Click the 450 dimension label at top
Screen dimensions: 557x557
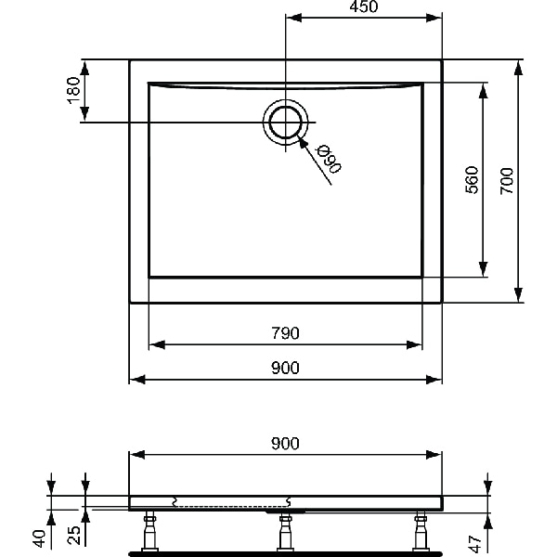pyautogui.click(x=363, y=7)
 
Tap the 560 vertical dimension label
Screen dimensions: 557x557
pyautogui.click(x=472, y=179)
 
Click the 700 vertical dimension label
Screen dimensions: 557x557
pyautogui.click(x=506, y=179)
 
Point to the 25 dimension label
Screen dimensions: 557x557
pyautogui.click(x=74, y=536)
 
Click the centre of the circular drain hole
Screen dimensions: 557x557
pyautogui.click(x=284, y=123)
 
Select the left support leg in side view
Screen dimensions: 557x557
pyautogui.click(x=148, y=530)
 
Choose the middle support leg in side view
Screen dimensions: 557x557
pyautogui.click(x=285, y=530)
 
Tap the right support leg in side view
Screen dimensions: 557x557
pyautogui.click(x=422, y=530)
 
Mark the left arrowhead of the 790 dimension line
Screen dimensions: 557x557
pyautogui.click(x=155, y=344)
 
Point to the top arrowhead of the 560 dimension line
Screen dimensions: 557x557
pyautogui.click(x=484, y=88)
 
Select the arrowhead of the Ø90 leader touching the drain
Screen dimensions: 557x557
pyautogui.click(x=302, y=140)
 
